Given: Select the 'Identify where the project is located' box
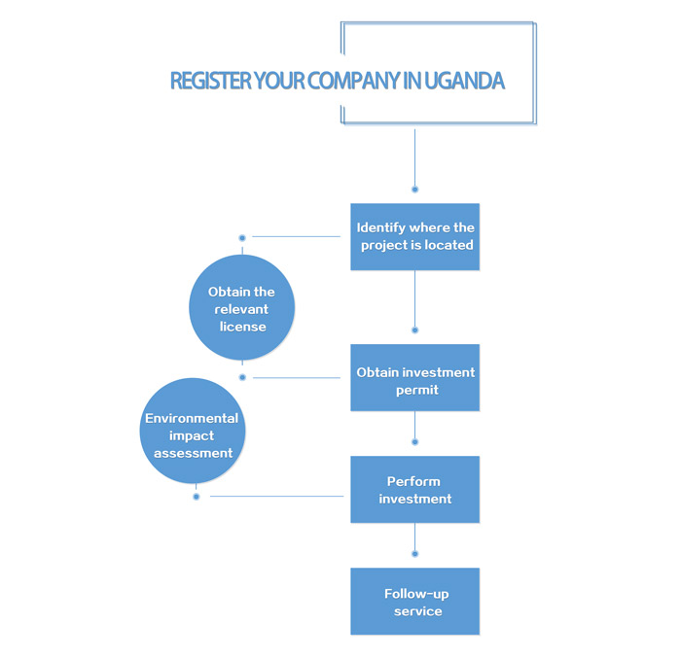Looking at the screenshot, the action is [414, 237].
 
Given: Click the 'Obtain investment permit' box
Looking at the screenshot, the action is [414, 377].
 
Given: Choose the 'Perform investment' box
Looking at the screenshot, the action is [414, 489].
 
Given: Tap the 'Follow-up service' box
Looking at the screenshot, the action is [414, 602].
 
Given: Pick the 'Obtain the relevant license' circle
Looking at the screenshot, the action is [242, 307].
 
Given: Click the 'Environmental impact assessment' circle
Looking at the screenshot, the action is [193, 431].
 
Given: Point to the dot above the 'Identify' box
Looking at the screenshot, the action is [414, 190].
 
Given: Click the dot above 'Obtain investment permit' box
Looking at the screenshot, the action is [414, 330].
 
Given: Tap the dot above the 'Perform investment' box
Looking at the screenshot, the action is [414, 442].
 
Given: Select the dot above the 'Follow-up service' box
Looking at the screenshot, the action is [414, 554].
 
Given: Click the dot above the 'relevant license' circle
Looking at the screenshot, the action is [242, 238].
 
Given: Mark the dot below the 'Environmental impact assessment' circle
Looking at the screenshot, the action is [197, 497].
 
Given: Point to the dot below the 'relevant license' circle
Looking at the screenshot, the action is [243, 377].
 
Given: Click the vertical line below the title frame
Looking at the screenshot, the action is [414, 157].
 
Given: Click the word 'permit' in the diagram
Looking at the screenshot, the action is [417, 391].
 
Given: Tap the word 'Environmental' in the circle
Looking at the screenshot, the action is [192, 418].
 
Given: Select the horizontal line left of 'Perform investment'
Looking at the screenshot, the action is [276, 496].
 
